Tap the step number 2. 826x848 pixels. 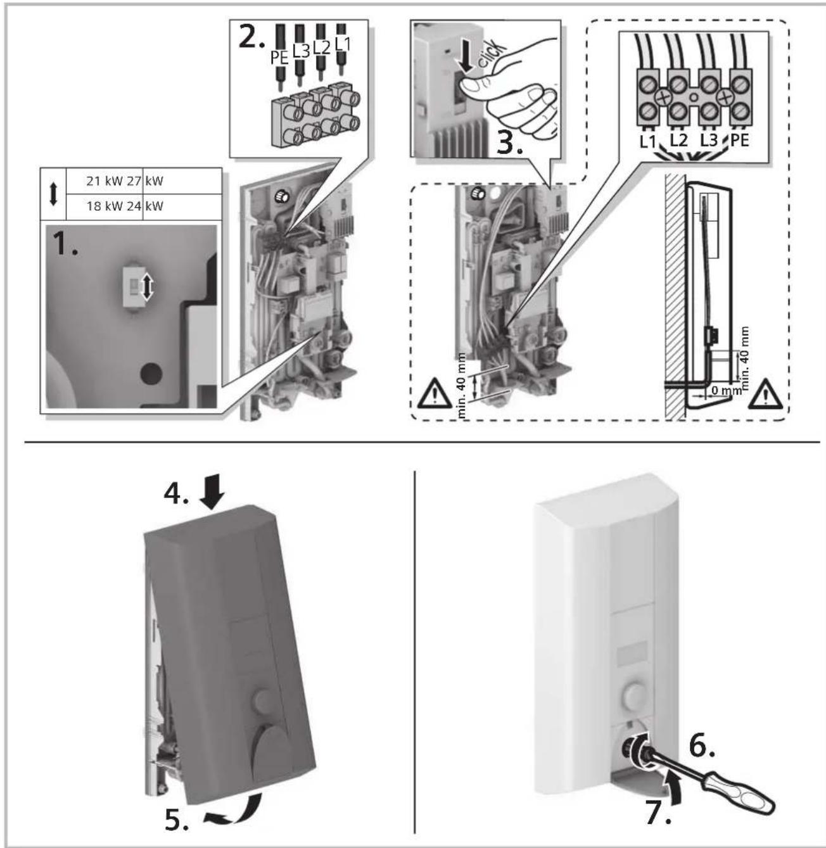point(251,39)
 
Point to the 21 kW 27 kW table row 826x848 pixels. point(125,180)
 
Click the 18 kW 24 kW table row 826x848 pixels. point(125,206)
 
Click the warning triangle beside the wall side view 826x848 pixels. point(765,395)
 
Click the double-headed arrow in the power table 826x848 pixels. point(53,194)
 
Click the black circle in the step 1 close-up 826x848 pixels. point(151,374)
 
